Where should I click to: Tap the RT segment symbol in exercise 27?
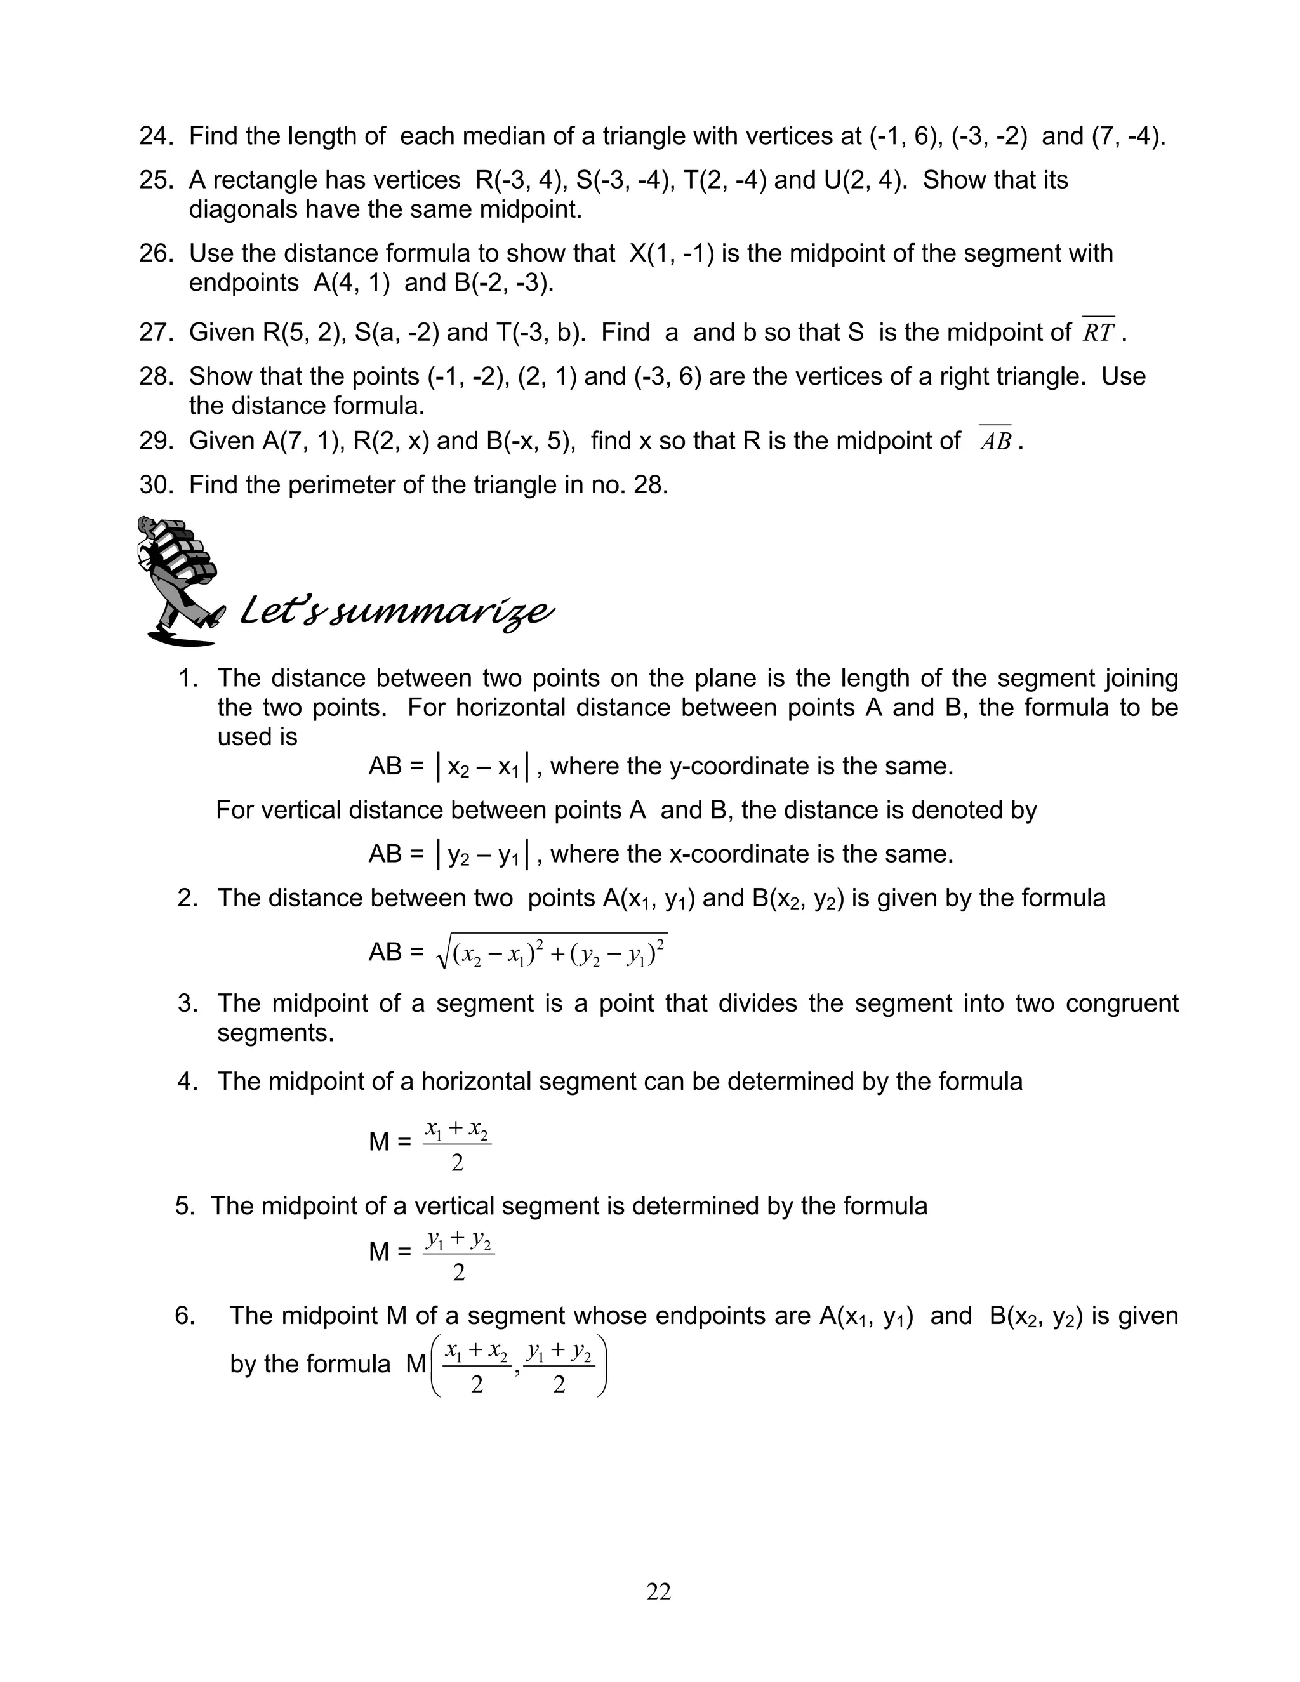(1098, 332)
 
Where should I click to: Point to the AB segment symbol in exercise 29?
(995, 440)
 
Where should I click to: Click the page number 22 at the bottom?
(658, 1591)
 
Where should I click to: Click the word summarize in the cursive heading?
(440, 613)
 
